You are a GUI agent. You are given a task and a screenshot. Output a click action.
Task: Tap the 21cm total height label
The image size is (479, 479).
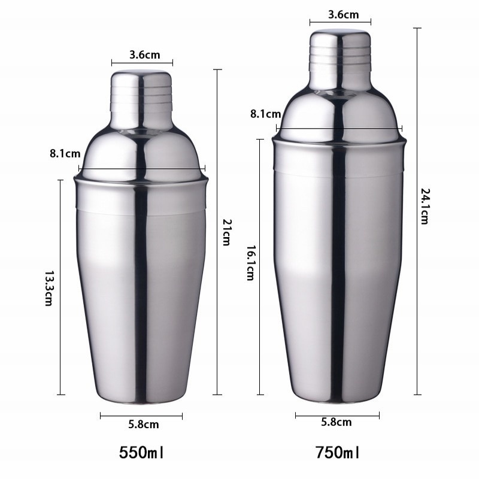point(226,232)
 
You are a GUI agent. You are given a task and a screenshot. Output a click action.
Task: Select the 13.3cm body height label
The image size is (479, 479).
point(48,287)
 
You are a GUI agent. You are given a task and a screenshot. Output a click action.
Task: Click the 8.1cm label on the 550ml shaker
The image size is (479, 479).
point(65,154)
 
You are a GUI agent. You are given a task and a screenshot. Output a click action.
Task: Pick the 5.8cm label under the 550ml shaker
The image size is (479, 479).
point(144,425)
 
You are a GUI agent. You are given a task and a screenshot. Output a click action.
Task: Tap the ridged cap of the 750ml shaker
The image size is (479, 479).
point(339,57)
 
